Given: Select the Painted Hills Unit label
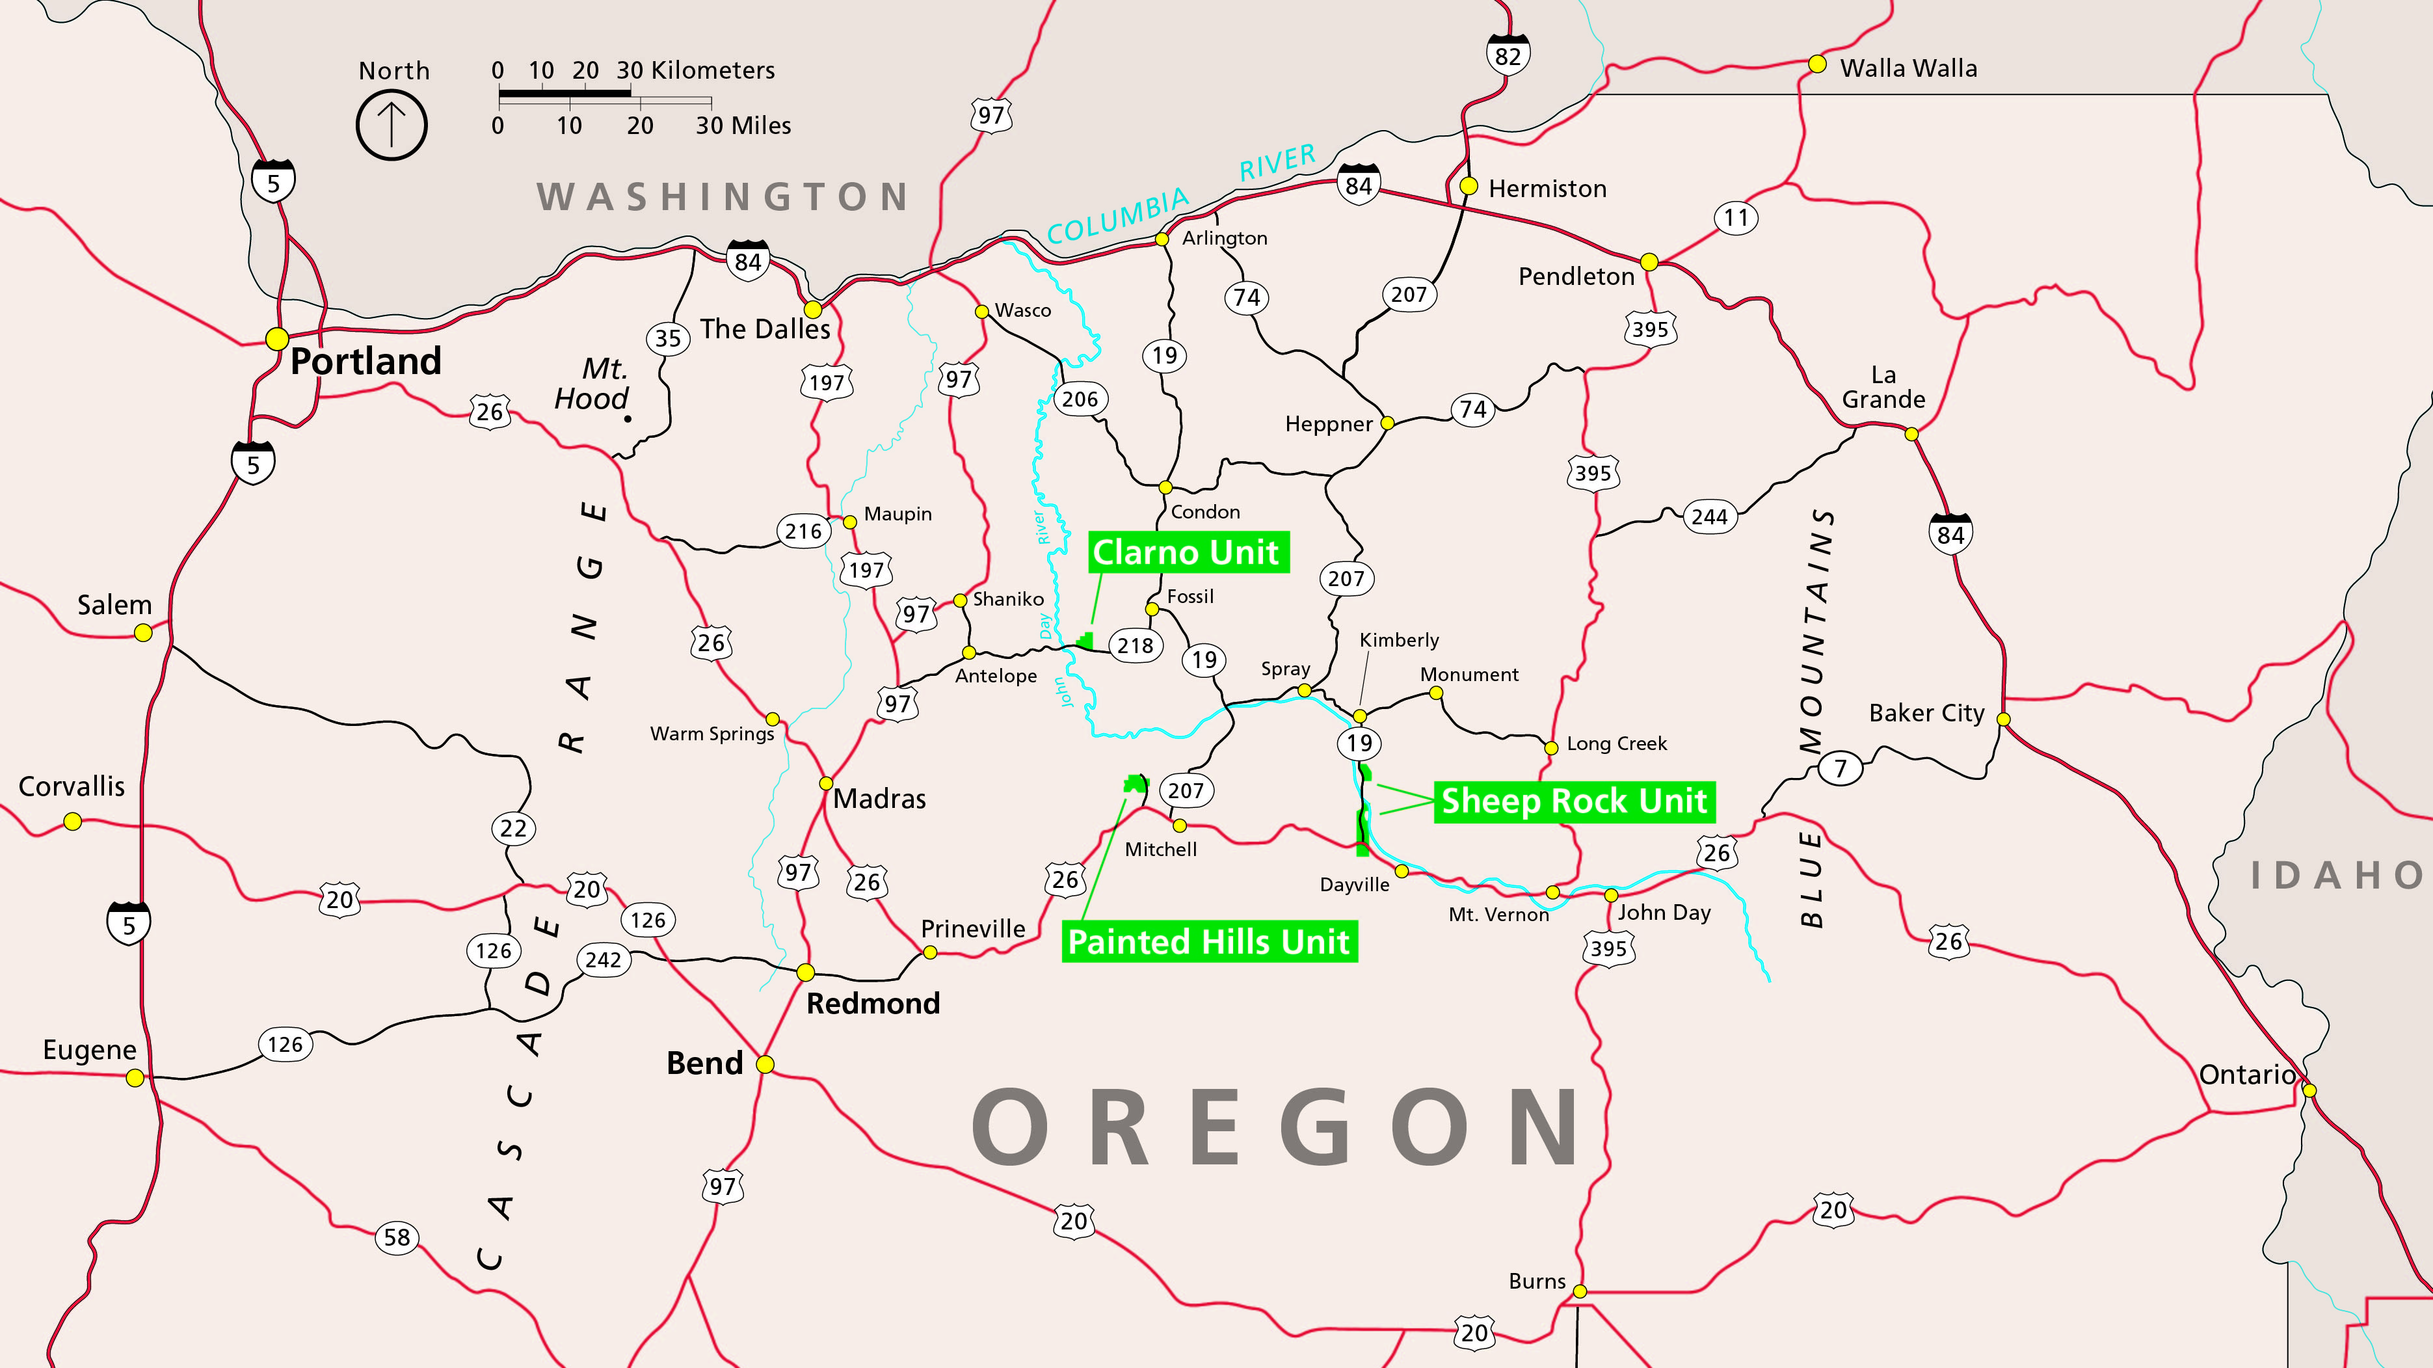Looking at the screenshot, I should coord(1209,942).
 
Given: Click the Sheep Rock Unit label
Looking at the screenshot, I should coord(1573,801).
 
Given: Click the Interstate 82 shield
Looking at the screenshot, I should coord(1508,55).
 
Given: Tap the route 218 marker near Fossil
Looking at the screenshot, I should coord(1136,645).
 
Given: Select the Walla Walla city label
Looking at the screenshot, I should coord(1908,68).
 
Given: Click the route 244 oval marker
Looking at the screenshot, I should coord(1710,516).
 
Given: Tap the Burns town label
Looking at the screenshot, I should coord(1537,1281).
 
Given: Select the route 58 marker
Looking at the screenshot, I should coord(397,1237).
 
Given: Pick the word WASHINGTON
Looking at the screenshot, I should coord(723,196).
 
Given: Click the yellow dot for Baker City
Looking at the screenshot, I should coord(2003,719).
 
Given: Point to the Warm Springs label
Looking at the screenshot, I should coord(712,733).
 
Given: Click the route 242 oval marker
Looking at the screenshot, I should coord(604,960).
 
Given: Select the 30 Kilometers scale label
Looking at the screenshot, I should coord(695,70).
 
